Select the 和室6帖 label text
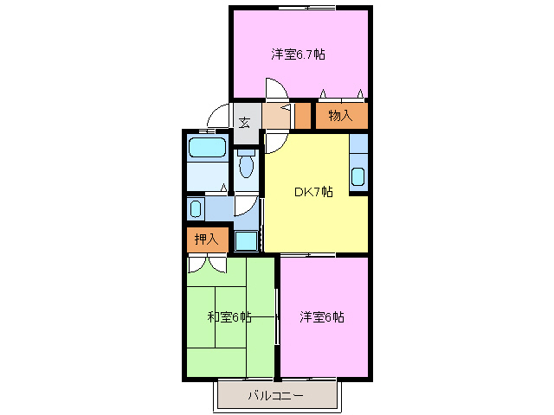(229, 316)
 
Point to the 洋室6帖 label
(322, 316)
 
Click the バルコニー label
(275, 396)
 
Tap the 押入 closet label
(206, 239)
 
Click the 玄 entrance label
(245, 122)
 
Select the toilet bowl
(246, 164)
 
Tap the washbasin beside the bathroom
(196, 208)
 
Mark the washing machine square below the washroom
(246, 239)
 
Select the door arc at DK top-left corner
(274, 144)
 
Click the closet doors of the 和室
(207, 265)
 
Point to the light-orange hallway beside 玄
(277, 115)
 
